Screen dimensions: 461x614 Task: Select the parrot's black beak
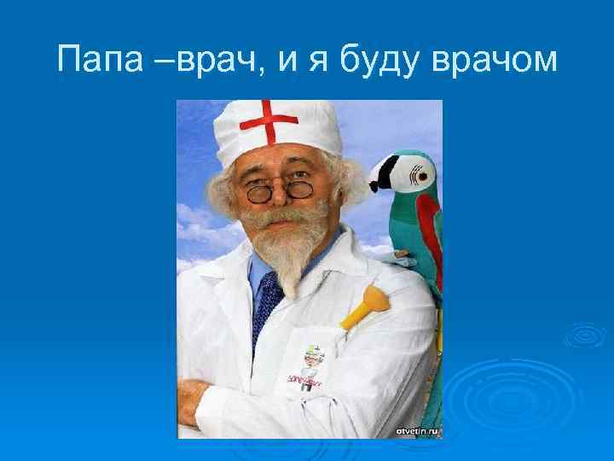point(381,179)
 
